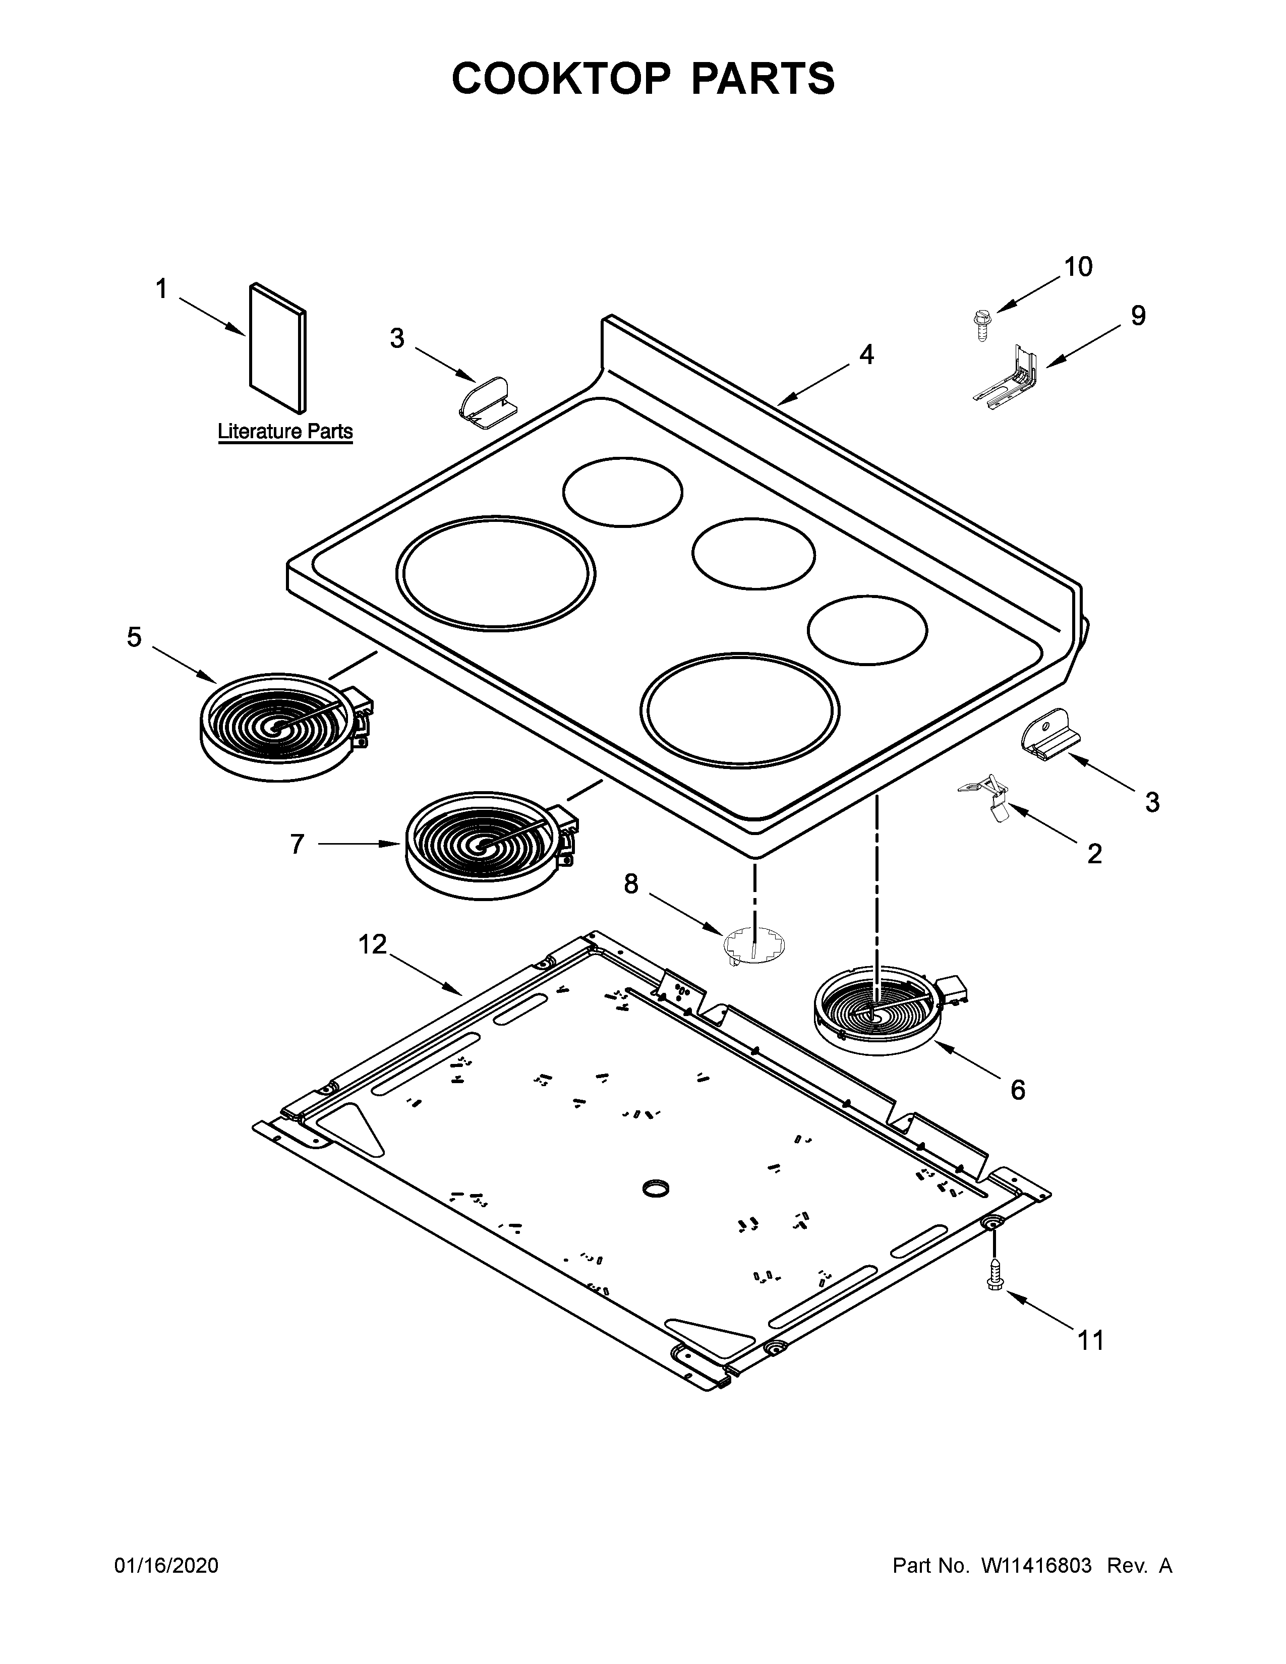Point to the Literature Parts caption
[285, 432]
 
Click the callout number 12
[373, 945]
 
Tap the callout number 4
[866, 354]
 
